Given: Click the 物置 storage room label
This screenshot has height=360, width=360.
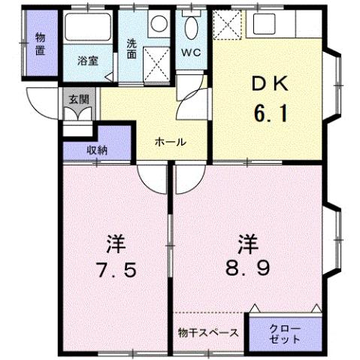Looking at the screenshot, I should (x=40, y=44).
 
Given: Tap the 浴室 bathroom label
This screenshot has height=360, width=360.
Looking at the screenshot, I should (x=88, y=61).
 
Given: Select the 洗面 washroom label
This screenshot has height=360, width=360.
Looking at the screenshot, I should (x=132, y=48).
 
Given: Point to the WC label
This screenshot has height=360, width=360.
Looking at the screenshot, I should (x=189, y=53).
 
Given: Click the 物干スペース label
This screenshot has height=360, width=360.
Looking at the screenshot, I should (x=209, y=331).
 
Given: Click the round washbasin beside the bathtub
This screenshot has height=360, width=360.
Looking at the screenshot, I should (x=158, y=23).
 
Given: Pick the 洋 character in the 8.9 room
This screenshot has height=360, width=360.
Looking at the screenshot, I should (x=249, y=243).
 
